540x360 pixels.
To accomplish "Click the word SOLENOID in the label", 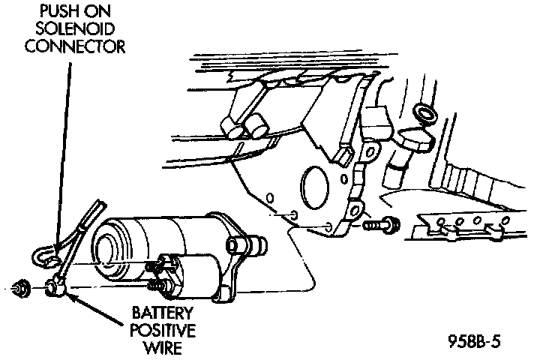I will [x=73, y=31].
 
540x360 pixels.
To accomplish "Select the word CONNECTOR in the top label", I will [x=73, y=47].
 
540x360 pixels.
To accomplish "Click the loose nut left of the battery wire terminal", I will [x=22, y=286].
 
